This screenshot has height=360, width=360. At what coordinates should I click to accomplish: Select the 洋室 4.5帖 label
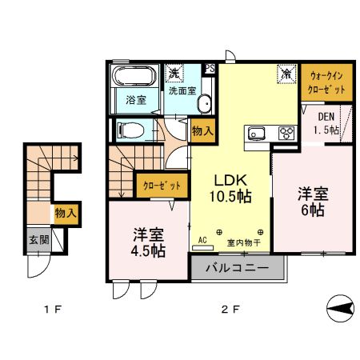pos(148,242)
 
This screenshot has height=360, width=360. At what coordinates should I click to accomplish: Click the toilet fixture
pos(130,129)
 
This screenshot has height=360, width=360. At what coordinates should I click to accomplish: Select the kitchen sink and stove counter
pos(270,133)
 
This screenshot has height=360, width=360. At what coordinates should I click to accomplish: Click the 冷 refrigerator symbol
pos(285,72)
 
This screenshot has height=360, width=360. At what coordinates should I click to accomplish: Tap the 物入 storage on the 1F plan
pos(64,213)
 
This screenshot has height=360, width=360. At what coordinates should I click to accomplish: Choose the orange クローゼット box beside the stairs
pos(162,186)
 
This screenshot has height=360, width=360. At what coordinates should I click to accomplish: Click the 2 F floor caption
pos(230,308)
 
